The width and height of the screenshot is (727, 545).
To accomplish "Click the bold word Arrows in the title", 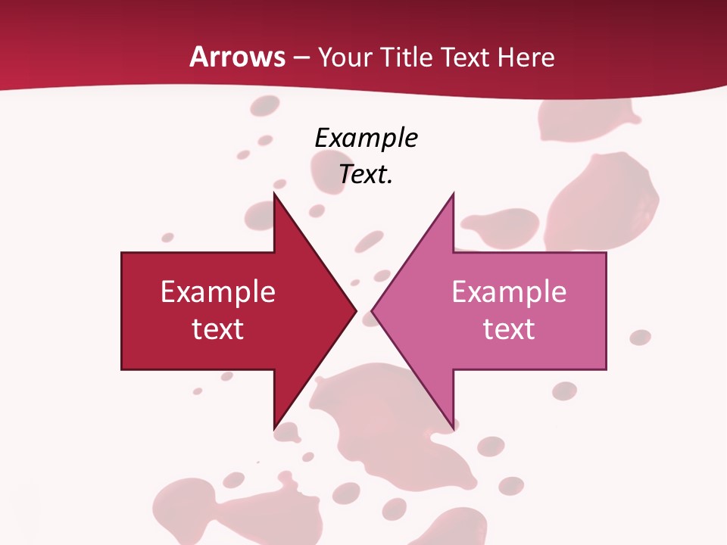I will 238,58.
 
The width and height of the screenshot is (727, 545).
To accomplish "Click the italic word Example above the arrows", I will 367,139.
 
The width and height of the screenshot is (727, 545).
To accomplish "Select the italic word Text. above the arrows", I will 367,174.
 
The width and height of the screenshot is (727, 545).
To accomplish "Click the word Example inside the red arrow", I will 218,292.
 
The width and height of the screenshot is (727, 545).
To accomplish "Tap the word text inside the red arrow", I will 218,329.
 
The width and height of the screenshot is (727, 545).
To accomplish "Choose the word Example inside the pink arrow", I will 509,292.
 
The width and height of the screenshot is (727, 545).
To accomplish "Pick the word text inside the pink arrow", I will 509,329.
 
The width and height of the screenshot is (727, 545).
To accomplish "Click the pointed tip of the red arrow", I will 355,310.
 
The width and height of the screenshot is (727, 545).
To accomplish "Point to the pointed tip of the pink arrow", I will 373,310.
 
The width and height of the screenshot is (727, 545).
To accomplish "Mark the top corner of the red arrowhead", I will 274,194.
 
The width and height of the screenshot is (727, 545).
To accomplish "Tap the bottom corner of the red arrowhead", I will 274,428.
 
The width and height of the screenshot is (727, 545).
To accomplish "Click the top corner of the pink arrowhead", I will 453,194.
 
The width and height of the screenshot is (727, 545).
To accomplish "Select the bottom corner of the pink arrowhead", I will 453,428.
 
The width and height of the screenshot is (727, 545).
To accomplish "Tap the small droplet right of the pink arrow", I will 640,337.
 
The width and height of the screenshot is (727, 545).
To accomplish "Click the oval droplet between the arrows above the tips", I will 370,241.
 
